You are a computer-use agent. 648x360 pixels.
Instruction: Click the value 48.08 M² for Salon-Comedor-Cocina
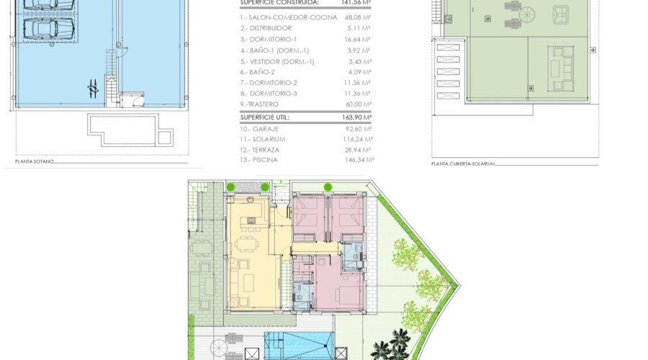(x=357, y=18)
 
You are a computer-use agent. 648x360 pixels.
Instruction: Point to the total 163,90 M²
(x=356, y=116)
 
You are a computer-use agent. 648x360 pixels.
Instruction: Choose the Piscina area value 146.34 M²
(x=358, y=160)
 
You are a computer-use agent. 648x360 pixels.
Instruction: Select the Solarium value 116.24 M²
(x=358, y=139)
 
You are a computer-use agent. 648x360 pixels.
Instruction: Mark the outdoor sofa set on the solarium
(x=559, y=69)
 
